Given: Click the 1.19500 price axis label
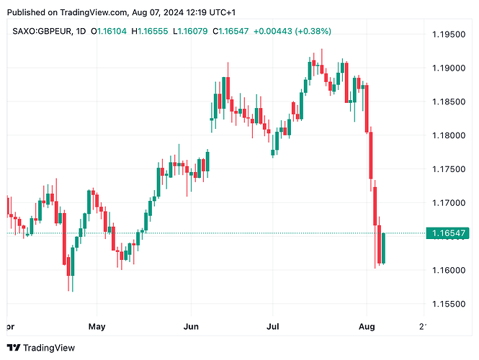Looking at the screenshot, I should point(449,35).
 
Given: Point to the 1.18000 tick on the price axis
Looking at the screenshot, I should point(449,135).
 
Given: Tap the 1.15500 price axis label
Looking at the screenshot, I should point(449,304).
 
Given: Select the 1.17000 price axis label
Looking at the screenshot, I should point(449,203).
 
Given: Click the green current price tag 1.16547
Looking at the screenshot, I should point(449,233).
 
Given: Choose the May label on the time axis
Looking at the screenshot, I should point(97,326).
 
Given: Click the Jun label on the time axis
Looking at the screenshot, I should point(190,326).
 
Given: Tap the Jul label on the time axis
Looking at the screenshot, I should point(273,326).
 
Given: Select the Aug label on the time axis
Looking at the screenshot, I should point(367,326).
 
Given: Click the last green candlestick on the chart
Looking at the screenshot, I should point(384,248).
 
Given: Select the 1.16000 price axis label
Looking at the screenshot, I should point(449,270).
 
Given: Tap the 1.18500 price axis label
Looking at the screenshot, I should point(449,102).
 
